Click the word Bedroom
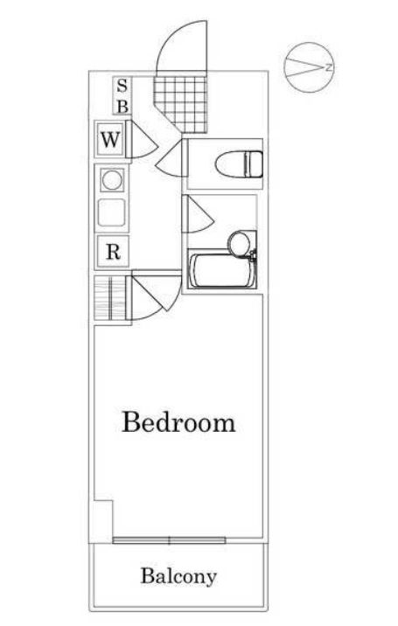(x=178, y=422)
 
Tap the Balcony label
(x=178, y=577)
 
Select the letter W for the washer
(x=110, y=140)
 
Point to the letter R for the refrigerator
(x=113, y=252)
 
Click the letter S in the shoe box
(x=122, y=87)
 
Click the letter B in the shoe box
(x=122, y=106)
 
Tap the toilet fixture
(x=239, y=163)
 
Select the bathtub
(x=222, y=271)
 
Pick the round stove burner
(x=112, y=179)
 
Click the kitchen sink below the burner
(x=111, y=212)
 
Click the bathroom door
(x=198, y=214)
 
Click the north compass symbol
(x=309, y=67)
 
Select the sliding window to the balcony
(x=170, y=540)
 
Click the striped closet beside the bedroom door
(x=110, y=297)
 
